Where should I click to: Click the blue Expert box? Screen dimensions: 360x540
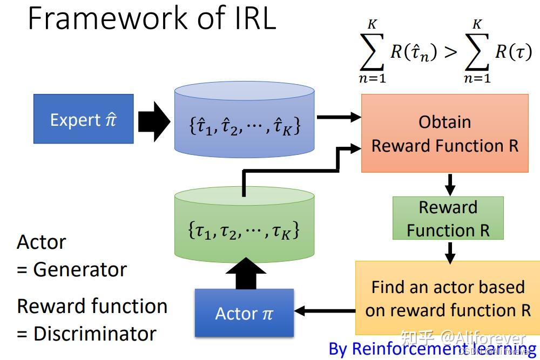click(83, 119)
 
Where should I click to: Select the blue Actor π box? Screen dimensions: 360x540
click(244, 313)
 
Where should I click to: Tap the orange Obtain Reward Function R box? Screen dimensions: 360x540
click(444, 133)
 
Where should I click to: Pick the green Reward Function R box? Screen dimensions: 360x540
click(448, 218)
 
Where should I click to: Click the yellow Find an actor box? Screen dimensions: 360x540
click(448, 298)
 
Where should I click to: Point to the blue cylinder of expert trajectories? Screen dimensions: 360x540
click(244, 121)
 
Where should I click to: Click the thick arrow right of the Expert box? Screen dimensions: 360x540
click(153, 119)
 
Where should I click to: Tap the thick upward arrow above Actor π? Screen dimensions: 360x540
click(244, 273)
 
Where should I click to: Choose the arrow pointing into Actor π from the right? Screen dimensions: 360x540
click(324, 311)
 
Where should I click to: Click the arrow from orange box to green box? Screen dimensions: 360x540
click(449, 185)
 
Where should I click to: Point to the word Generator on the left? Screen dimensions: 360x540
click(80, 269)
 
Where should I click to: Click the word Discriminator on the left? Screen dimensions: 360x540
click(95, 334)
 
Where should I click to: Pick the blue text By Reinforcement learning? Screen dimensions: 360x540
click(432, 348)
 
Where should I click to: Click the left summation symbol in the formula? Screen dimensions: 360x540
click(372, 52)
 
